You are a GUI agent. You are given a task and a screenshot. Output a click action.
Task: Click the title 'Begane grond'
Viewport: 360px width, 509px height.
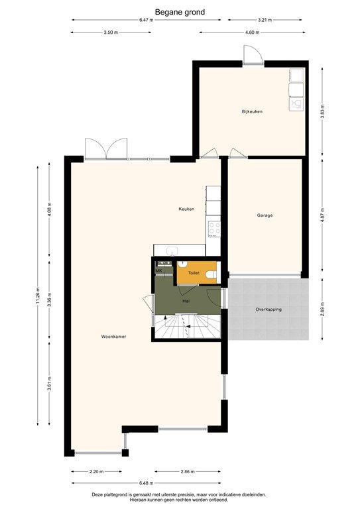[x=180, y=11]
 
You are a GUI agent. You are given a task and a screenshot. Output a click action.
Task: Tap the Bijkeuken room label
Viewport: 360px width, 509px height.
[x=252, y=111]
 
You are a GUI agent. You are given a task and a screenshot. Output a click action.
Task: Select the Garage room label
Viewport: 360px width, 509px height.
[x=265, y=215]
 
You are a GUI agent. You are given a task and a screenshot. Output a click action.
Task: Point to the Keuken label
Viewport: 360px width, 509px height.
[x=186, y=209]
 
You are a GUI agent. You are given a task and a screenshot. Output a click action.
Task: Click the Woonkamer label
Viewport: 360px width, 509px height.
[x=114, y=337]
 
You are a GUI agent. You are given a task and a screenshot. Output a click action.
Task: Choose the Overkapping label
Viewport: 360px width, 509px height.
[x=269, y=310]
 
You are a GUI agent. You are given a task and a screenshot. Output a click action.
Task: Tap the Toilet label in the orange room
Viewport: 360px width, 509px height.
[x=194, y=273]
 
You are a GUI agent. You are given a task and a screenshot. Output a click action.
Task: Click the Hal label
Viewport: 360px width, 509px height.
[x=186, y=300]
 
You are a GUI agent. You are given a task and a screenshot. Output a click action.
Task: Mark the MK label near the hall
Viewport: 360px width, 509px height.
[x=159, y=270]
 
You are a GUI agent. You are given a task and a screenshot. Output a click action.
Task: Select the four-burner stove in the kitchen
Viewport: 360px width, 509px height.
[x=214, y=229]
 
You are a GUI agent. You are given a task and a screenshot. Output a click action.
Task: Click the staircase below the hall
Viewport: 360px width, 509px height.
[x=186, y=327]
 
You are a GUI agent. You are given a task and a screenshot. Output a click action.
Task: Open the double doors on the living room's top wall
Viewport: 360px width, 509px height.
[x=106, y=149]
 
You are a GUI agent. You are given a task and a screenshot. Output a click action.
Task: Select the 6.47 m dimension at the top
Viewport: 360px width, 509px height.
[x=146, y=21]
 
